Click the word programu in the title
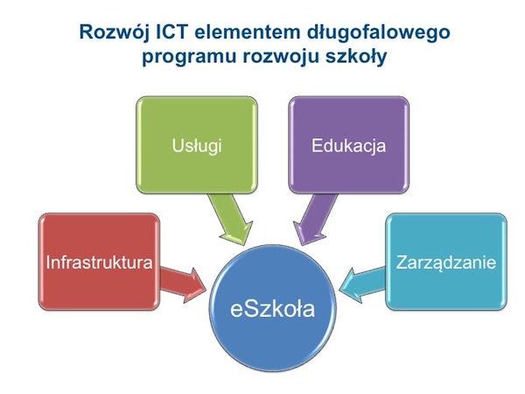(x=189, y=57)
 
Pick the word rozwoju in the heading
(x=280, y=56)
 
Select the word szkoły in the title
(x=356, y=56)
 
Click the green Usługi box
(x=197, y=144)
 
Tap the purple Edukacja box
(x=348, y=144)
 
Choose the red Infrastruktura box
(x=99, y=262)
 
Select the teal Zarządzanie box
(x=446, y=262)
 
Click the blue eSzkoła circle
(x=272, y=308)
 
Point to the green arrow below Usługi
(x=232, y=219)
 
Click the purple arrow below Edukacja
(x=314, y=219)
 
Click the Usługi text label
(x=197, y=145)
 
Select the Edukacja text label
(x=348, y=145)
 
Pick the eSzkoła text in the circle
(x=272, y=309)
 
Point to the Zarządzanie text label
(x=446, y=263)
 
